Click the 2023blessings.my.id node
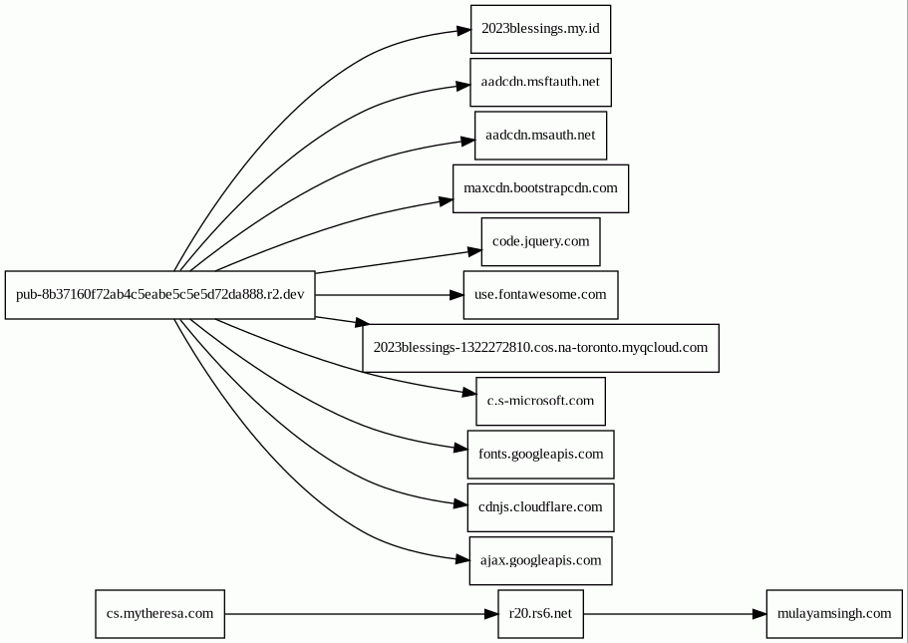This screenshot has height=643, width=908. (540, 29)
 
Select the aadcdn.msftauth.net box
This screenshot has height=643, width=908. (540, 83)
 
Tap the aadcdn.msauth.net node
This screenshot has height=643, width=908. (540, 136)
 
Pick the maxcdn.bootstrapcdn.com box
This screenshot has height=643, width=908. (540, 188)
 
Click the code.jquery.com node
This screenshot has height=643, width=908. (540, 242)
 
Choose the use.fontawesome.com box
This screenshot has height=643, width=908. (540, 295)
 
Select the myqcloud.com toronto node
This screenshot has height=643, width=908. (540, 348)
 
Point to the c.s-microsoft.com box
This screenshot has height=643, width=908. (540, 402)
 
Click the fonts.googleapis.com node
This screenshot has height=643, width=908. (540, 455)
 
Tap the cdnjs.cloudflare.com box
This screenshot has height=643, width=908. (540, 508)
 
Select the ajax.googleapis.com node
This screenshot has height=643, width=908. (540, 560)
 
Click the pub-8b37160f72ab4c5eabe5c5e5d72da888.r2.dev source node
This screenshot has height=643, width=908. (159, 295)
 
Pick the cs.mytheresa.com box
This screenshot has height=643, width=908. (159, 614)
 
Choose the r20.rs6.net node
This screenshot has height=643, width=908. (540, 614)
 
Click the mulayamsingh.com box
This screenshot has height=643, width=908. (834, 614)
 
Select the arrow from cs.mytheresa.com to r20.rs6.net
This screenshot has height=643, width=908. (362, 614)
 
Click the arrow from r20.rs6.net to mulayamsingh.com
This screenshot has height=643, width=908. (675, 614)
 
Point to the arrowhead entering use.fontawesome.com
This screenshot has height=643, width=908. (456, 295)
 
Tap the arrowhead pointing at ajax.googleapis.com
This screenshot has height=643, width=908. (462, 559)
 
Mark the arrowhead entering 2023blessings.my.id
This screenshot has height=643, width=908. (463, 31)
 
